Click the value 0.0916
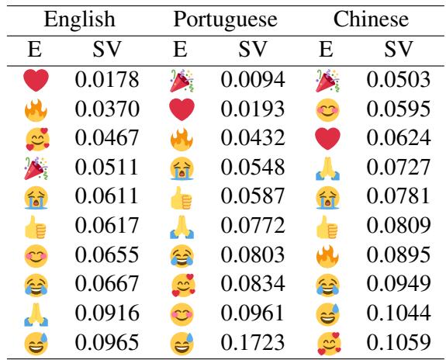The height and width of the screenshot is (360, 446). pyautogui.click(x=107, y=310)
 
